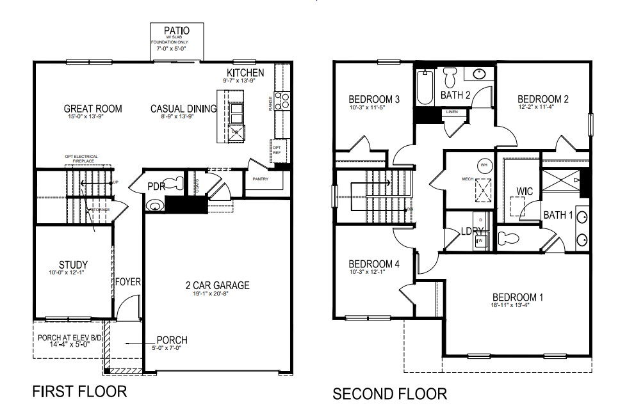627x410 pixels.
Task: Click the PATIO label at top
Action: point(176,30)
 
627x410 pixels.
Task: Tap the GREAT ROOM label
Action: point(93,109)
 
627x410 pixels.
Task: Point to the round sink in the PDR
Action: point(153,206)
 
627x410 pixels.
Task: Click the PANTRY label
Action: point(259,179)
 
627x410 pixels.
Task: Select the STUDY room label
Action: point(72,265)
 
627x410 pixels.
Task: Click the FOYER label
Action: point(127,281)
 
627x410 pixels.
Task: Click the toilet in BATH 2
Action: point(450,79)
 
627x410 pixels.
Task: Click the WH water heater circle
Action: point(484,165)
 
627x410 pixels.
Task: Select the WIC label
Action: point(525,191)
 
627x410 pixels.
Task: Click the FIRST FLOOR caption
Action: point(79,391)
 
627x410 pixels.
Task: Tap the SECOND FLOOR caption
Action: point(390,393)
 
